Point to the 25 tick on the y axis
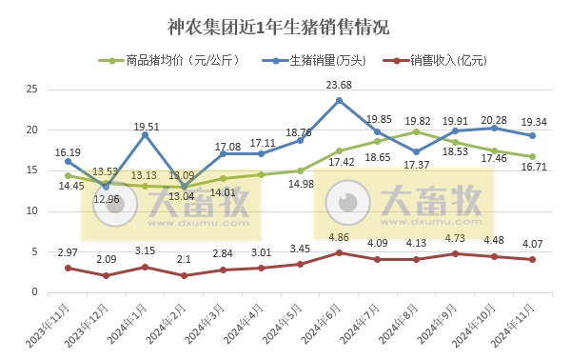click(31, 90)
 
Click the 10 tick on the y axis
click(31, 211)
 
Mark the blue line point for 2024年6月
click(339, 100)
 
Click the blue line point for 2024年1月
click(146, 134)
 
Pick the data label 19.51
click(146, 125)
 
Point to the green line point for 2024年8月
click(416, 131)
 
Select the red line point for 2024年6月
click(339, 252)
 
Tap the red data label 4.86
click(339, 237)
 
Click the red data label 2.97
click(68, 251)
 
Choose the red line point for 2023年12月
click(107, 275)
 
